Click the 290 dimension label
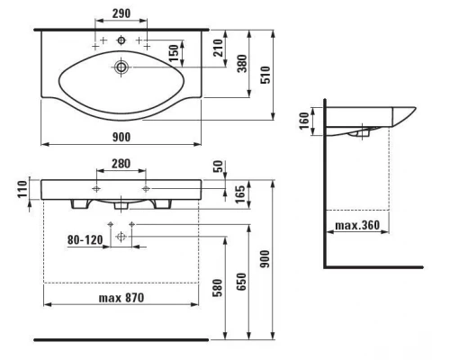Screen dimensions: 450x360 pyautogui.click(x=121, y=13)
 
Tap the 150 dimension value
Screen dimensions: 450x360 pyautogui.click(x=174, y=53)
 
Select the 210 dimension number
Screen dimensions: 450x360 pyautogui.click(x=219, y=48)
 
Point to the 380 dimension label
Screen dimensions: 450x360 pyautogui.click(x=242, y=63)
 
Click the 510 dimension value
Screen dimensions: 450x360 pyautogui.click(x=265, y=75)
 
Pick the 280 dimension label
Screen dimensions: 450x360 pyautogui.click(x=121, y=164)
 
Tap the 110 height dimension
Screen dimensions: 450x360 pyautogui.click(x=22, y=189)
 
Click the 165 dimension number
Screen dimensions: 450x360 pyautogui.click(x=240, y=194)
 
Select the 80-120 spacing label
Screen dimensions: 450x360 pyautogui.click(x=85, y=240)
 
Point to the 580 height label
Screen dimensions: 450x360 pyautogui.click(x=218, y=288)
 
